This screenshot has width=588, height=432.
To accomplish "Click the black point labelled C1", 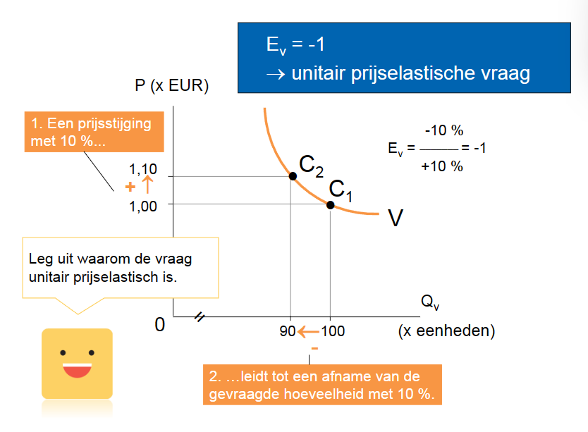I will click(x=330, y=204).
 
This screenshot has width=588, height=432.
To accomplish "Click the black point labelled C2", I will click(x=292, y=175).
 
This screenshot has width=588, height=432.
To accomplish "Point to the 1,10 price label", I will click(x=143, y=170).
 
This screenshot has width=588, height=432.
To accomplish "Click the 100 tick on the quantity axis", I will click(x=333, y=331).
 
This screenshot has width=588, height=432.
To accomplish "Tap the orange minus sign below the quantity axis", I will click(x=314, y=349).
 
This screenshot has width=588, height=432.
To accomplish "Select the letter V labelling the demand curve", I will click(x=396, y=218).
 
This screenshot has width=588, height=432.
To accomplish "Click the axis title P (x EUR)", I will click(x=172, y=86).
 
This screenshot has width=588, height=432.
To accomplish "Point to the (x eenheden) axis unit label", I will click(x=446, y=331).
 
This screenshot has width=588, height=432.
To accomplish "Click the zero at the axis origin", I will click(x=159, y=324).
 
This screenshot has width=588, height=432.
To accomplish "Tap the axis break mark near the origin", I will click(x=199, y=318).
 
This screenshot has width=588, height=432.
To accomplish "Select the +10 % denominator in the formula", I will click(x=442, y=166).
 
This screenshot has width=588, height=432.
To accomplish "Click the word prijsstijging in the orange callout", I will click(x=110, y=124).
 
